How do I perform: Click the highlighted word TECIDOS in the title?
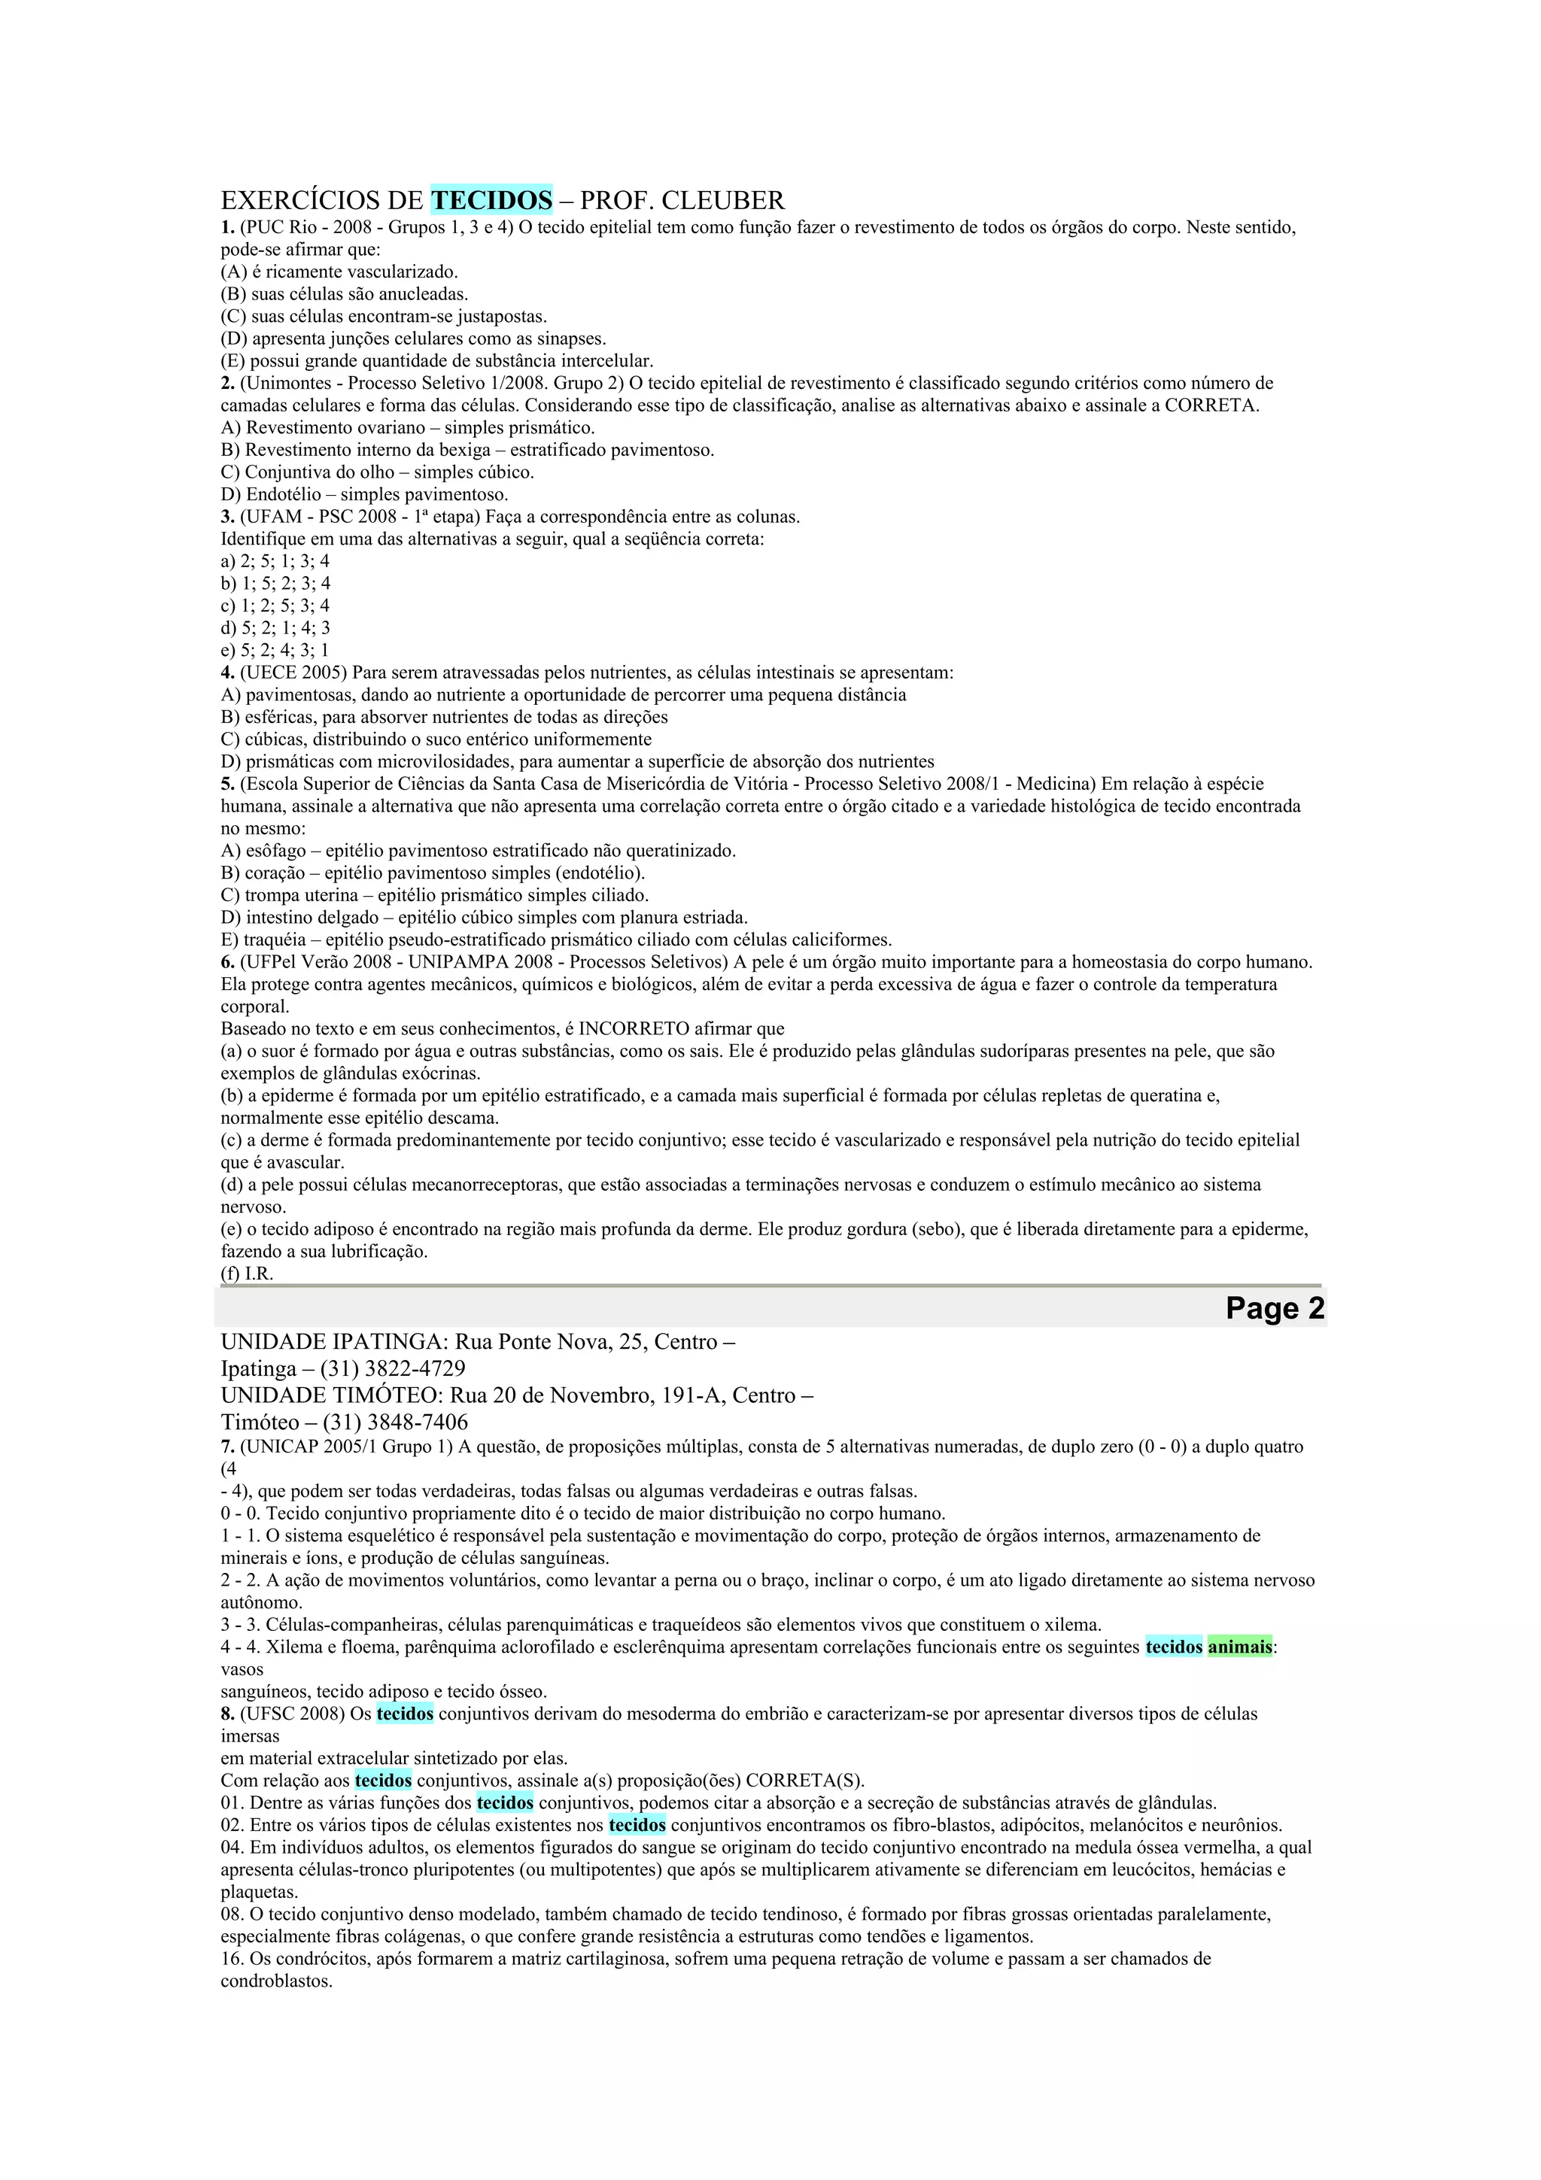pyautogui.click(x=491, y=200)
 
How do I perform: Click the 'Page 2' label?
pyautogui.click(x=1274, y=1307)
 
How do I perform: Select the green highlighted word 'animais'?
pyautogui.click(x=1239, y=1647)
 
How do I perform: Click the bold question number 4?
pyautogui.click(x=228, y=673)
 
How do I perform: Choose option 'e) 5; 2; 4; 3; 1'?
pyautogui.click(x=275, y=651)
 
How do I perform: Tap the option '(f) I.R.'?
pyautogui.click(x=247, y=1274)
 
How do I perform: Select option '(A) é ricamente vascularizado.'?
pyautogui.click(x=339, y=272)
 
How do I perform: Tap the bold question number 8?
pyautogui.click(x=228, y=1714)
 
